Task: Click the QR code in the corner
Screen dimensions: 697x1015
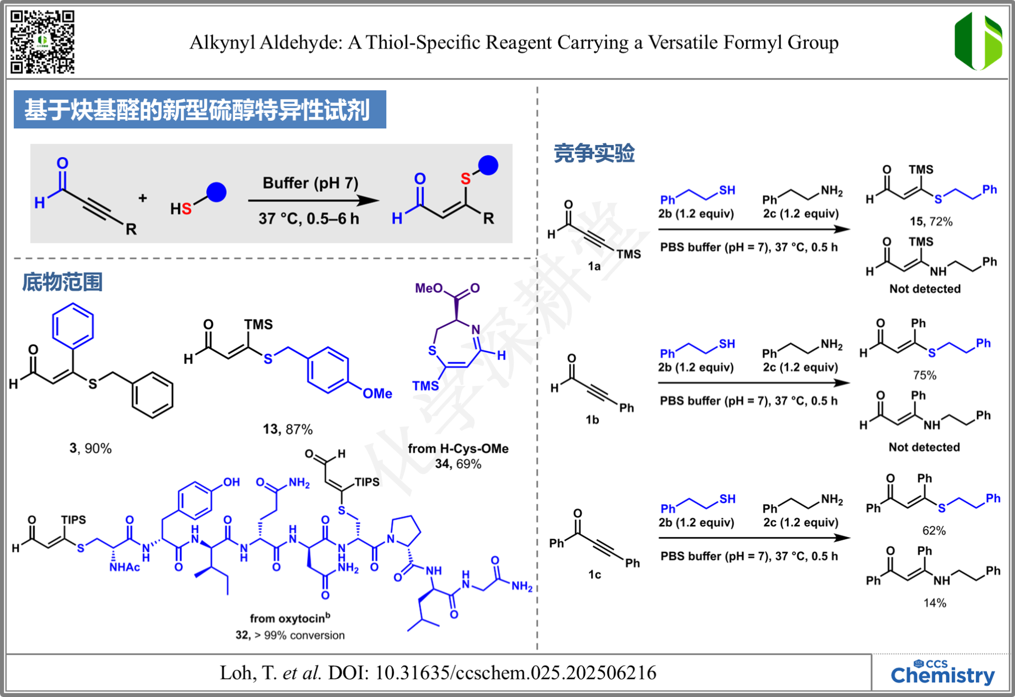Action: pyautogui.click(x=43, y=42)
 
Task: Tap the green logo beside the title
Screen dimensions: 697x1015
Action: pyautogui.click(x=978, y=41)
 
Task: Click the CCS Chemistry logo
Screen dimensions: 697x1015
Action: pyautogui.click(x=942, y=673)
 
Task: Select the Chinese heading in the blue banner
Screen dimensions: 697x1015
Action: pyautogui.click(x=197, y=110)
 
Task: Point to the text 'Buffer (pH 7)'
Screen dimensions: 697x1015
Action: pyautogui.click(x=310, y=183)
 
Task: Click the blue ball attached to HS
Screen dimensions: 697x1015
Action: pyautogui.click(x=216, y=192)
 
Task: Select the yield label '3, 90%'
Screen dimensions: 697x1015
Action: pyautogui.click(x=90, y=448)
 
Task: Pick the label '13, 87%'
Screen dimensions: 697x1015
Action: pyautogui.click(x=287, y=429)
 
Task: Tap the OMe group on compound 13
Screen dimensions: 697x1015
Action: pyautogui.click(x=377, y=394)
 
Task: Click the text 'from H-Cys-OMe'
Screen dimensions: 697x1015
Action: pyautogui.click(x=458, y=448)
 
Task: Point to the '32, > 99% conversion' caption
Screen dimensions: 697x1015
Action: pyautogui.click(x=290, y=635)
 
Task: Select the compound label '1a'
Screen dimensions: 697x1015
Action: pyautogui.click(x=594, y=266)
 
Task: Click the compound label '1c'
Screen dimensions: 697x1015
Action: pyautogui.click(x=594, y=574)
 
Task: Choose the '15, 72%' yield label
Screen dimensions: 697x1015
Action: pyautogui.click(x=931, y=221)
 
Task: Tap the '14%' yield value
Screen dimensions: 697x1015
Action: pyautogui.click(x=935, y=603)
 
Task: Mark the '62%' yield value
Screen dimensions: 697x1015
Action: pyautogui.click(x=934, y=530)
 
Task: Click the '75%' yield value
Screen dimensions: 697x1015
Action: pyautogui.click(x=925, y=375)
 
